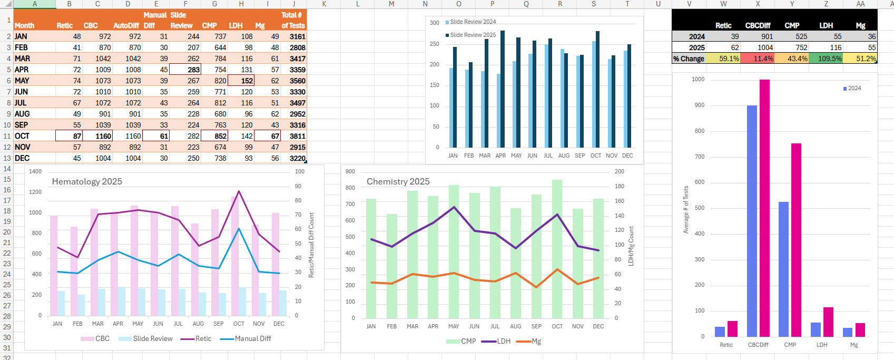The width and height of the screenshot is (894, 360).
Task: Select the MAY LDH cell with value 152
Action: click(x=241, y=81)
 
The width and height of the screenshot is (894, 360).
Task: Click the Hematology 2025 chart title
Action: click(x=87, y=181)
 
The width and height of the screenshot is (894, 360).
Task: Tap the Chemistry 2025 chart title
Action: click(x=398, y=181)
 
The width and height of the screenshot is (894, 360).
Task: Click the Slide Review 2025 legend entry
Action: click(x=473, y=35)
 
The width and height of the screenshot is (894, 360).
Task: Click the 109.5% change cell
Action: click(x=826, y=59)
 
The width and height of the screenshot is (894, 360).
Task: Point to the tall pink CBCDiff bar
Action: click(x=764, y=211)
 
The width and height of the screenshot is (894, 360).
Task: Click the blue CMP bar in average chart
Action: click(x=783, y=269)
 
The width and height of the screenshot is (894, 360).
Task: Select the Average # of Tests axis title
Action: click(x=686, y=209)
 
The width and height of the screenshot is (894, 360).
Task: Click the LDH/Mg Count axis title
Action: click(x=631, y=246)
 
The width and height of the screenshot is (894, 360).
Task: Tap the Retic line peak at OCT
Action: click(x=239, y=191)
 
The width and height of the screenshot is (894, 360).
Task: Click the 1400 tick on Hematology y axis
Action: click(x=35, y=171)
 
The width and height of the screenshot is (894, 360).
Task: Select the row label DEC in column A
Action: click(x=22, y=158)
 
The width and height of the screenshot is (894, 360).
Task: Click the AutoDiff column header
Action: click(x=126, y=25)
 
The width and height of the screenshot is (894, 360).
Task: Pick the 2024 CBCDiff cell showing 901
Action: click(x=758, y=36)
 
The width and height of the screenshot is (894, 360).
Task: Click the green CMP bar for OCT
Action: click(x=557, y=248)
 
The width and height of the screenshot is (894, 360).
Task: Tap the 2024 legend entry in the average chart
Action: click(x=854, y=88)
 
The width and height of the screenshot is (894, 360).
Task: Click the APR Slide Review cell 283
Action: click(x=186, y=70)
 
